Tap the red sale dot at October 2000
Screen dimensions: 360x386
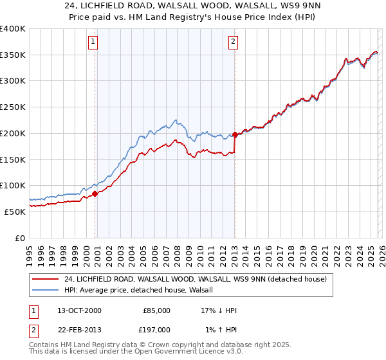(x=95, y=193)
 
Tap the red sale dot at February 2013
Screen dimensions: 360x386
(x=235, y=134)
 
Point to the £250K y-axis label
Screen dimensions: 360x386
(x=13, y=107)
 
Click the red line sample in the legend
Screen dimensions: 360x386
(x=45, y=279)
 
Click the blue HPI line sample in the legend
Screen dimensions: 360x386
(x=45, y=290)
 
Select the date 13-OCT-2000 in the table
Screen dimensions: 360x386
(x=78, y=310)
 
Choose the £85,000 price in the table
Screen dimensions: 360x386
(x=156, y=310)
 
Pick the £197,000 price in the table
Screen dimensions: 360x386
(x=156, y=330)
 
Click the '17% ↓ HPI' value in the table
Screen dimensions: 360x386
(x=219, y=310)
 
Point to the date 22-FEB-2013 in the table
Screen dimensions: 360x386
(x=78, y=330)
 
